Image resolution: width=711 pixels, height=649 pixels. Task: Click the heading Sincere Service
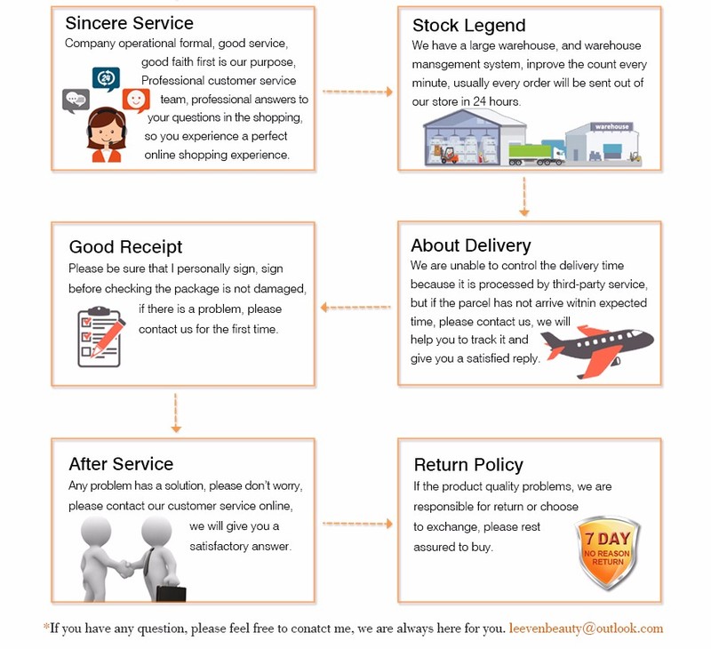tap(129, 23)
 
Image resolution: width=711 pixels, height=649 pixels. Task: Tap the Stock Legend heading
tap(468, 26)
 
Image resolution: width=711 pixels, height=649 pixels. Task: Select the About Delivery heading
tap(470, 245)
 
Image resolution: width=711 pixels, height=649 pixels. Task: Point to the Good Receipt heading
tap(125, 247)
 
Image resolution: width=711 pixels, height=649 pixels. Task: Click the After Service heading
tap(121, 464)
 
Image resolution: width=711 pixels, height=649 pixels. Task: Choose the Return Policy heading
tap(468, 465)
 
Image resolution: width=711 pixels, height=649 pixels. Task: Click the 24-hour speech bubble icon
tap(106, 79)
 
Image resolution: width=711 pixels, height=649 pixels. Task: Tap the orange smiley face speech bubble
tap(136, 100)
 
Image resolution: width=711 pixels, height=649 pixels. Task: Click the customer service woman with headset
tap(104, 134)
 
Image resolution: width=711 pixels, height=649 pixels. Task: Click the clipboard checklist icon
tap(100, 336)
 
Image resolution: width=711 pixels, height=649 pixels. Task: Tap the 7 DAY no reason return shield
tap(608, 552)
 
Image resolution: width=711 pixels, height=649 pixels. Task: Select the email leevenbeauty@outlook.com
tap(586, 628)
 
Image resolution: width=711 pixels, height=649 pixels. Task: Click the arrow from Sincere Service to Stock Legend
tap(357, 92)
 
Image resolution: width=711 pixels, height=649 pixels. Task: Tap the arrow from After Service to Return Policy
tap(357, 524)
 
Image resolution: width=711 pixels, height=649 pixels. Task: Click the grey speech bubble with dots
tap(76, 100)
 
